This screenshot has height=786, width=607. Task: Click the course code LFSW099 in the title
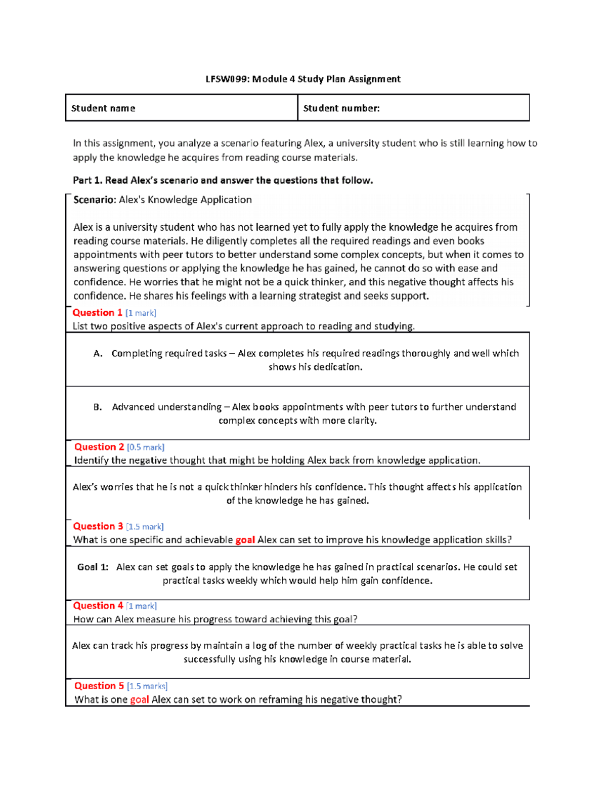tap(227, 79)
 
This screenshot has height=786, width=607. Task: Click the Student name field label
tap(103, 108)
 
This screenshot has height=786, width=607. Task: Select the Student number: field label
tap(341, 108)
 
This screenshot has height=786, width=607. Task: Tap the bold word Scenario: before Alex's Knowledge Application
tap(95, 200)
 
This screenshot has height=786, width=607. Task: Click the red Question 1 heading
tap(97, 313)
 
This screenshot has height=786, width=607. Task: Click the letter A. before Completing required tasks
tap(98, 354)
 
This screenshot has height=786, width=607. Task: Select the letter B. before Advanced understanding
tap(98, 407)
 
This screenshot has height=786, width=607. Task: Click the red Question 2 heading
tap(99, 447)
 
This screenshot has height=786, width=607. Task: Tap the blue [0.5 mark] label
tap(146, 447)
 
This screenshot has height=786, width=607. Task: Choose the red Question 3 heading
tap(98, 526)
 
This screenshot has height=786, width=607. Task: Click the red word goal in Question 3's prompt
tap(245, 540)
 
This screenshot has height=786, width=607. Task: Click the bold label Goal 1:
tap(93, 567)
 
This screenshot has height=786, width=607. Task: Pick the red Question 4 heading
tap(98, 606)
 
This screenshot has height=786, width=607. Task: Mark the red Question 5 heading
tap(99, 686)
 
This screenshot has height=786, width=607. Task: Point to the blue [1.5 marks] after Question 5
tap(147, 686)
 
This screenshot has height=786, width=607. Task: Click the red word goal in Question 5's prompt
tap(139, 700)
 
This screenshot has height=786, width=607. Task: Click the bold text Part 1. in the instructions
tap(88, 181)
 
